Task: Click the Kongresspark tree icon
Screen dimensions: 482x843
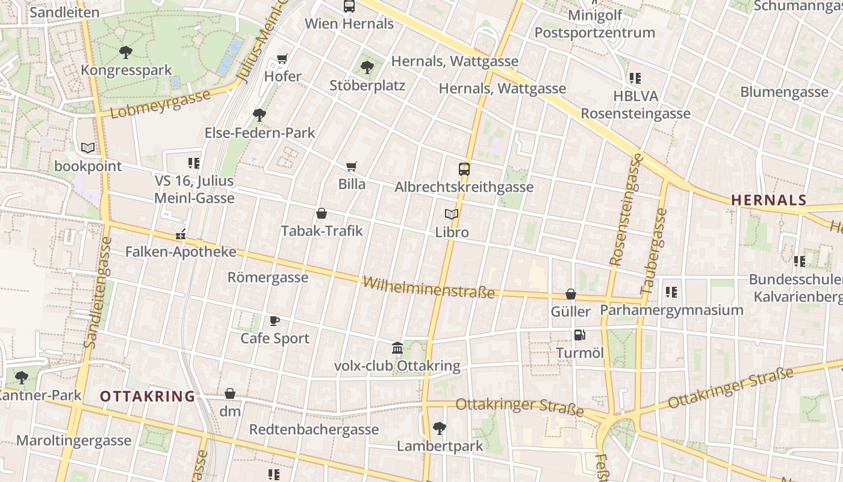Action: coord(125,52)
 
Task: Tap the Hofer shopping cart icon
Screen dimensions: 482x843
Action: coord(282,58)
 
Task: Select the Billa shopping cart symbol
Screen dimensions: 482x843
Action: coord(351,166)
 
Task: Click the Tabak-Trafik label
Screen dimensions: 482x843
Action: coord(322,230)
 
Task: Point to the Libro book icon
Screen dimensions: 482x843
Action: coord(452,214)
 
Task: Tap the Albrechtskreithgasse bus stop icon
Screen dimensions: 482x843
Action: coord(464,169)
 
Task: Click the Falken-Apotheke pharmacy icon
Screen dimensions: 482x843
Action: coord(180,234)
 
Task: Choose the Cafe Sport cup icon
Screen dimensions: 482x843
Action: coord(275,321)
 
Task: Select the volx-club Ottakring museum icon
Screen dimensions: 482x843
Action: coord(397,348)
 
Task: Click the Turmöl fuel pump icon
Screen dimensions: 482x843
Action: coord(579,335)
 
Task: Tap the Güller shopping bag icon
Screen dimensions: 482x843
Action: coord(570,294)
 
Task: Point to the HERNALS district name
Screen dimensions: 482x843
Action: coord(768,200)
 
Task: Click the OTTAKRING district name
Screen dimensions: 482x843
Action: coord(148,396)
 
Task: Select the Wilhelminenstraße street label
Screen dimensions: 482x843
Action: coord(429,287)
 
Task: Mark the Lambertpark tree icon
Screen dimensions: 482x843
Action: coord(440,428)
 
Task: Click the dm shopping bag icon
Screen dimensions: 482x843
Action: coord(230,394)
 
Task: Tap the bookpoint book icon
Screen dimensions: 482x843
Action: coord(88,148)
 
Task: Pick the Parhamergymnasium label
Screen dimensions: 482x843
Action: coord(671,310)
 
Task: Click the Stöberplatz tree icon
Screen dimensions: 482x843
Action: coord(367,67)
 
